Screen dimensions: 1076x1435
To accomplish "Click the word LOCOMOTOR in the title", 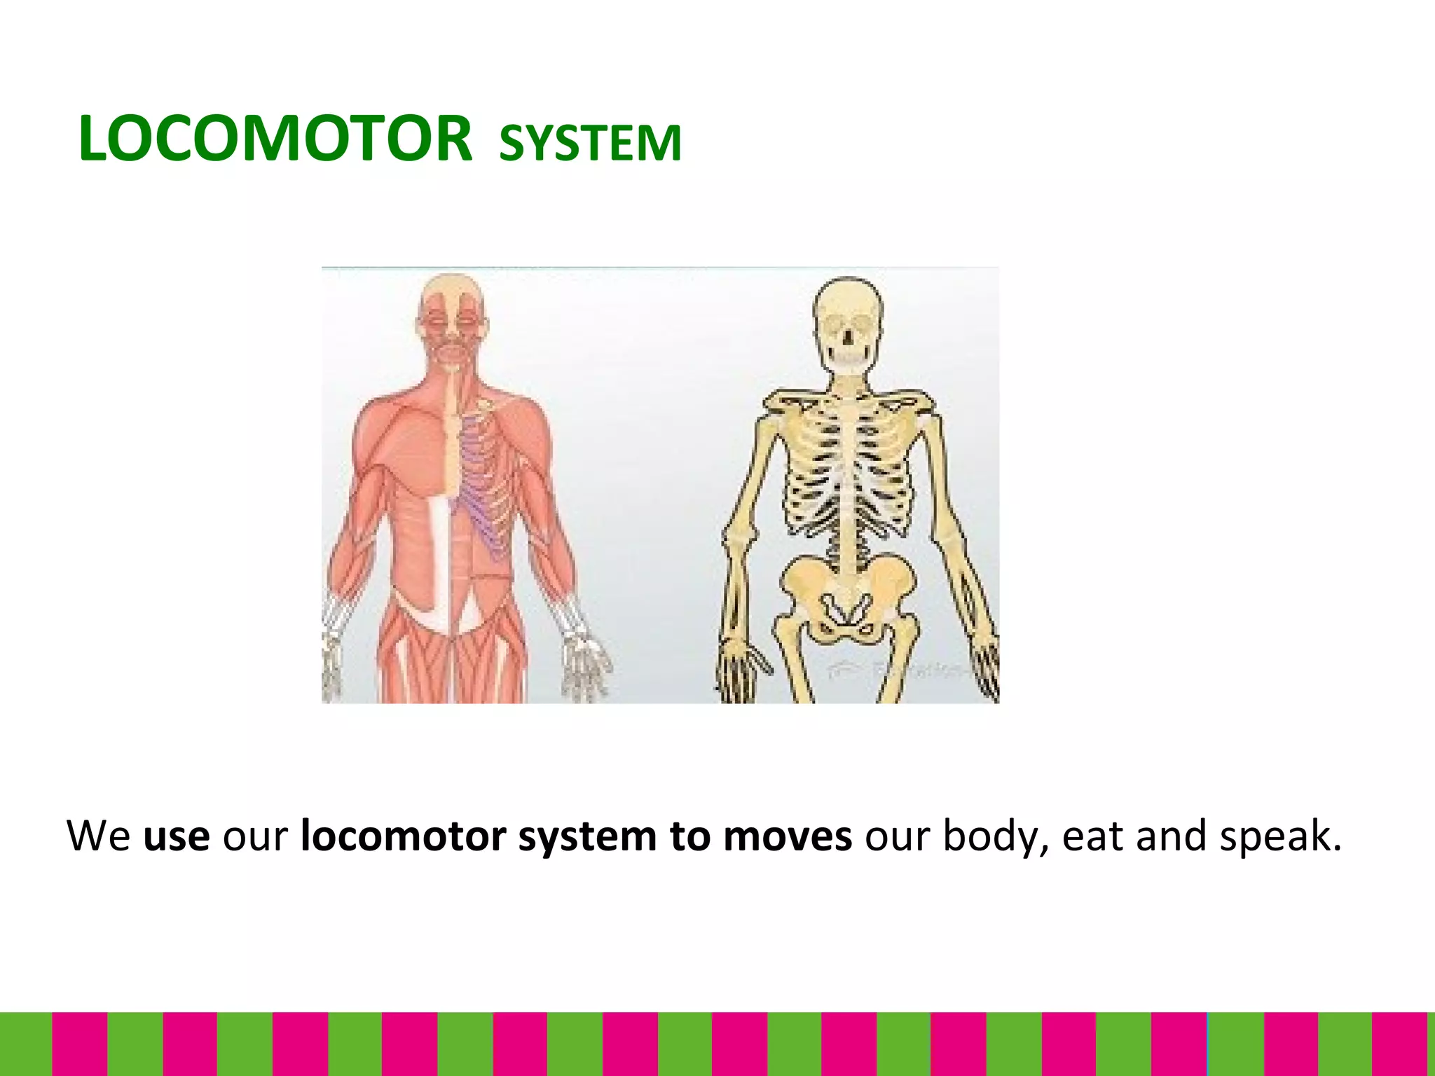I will pos(275,139).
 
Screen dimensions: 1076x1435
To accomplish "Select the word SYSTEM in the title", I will pos(590,143).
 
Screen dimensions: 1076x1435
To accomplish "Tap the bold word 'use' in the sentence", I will pos(176,836).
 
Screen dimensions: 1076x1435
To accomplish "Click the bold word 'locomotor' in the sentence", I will pos(403,836).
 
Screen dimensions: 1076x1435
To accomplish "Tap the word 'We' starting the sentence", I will pos(98,836).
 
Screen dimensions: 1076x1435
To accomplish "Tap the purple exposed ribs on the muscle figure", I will pos(483,483).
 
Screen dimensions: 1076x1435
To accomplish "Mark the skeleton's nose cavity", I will pos(848,337).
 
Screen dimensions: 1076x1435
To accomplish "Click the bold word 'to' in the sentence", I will pos(689,836).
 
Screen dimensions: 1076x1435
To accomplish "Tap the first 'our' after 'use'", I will pos(254,836).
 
